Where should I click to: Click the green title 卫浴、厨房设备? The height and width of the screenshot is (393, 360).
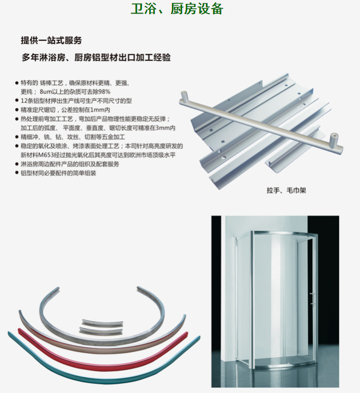[x=177, y=9]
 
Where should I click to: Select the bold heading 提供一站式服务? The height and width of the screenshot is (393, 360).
[x=51, y=40]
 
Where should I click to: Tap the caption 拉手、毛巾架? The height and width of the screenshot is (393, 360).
[x=286, y=191]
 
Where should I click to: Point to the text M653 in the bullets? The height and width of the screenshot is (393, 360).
[x=44, y=155]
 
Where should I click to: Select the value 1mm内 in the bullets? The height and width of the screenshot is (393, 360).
[x=100, y=110]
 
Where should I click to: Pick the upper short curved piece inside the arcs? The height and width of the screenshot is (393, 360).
[x=102, y=323]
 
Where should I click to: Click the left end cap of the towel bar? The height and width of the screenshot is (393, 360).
[x=184, y=96]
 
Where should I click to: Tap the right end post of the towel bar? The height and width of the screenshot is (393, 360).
[x=333, y=140]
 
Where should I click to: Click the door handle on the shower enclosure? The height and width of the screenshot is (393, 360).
[x=312, y=299]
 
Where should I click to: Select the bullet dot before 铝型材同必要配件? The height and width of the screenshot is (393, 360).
[x=17, y=173]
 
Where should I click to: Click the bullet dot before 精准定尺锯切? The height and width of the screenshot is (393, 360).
[x=17, y=109]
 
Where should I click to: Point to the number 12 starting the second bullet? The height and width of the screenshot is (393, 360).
[x=24, y=101]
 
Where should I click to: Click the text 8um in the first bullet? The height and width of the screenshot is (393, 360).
[x=45, y=92]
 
